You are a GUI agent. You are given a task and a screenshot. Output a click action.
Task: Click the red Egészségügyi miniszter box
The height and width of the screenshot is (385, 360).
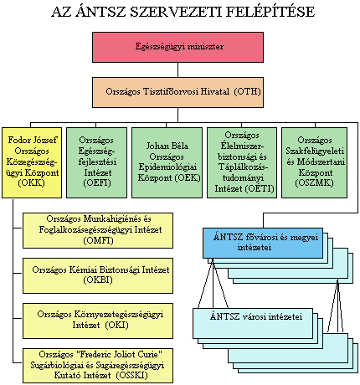coord(177,47)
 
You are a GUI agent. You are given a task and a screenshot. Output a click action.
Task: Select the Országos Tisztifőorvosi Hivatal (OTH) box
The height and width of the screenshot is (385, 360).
coord(177,92)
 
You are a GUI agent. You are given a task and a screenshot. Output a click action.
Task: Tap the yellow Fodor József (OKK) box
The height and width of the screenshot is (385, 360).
coord(32,163)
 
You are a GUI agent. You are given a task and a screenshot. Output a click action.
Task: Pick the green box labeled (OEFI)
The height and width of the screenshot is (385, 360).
coord(96,163)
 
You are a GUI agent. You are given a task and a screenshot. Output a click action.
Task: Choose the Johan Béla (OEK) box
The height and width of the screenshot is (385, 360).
coord(167,163)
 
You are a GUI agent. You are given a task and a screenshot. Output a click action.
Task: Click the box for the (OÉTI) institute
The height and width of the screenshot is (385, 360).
coord(242,163)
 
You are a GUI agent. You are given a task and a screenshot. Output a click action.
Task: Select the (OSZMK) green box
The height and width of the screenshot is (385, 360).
coord(315,163)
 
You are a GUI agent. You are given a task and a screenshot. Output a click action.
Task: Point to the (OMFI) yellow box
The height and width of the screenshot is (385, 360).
coord(98,230)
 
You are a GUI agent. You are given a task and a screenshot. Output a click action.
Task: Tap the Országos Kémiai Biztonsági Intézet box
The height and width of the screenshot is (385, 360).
coord(98,275)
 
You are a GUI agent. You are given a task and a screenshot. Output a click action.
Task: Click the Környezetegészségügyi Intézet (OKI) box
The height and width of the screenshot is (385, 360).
coord(98,321)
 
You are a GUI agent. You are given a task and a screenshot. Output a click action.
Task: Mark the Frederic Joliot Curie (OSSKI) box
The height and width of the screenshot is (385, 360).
coord(98,366)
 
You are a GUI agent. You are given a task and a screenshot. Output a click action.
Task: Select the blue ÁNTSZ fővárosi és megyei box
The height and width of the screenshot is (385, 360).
coord(263,243)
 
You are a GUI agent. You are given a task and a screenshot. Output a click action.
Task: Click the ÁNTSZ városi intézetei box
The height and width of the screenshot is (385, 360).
coord(253,323)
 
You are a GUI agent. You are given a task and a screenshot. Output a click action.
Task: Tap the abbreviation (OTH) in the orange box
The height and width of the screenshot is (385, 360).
coord(248,91)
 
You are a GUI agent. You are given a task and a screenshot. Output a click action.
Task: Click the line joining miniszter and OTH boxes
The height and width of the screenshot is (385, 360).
coord(177,69)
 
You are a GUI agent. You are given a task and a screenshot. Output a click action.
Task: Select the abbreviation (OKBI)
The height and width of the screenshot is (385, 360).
coord(98,280)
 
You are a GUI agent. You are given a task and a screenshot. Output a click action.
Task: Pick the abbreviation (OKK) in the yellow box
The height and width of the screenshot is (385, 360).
coord(31,183)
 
